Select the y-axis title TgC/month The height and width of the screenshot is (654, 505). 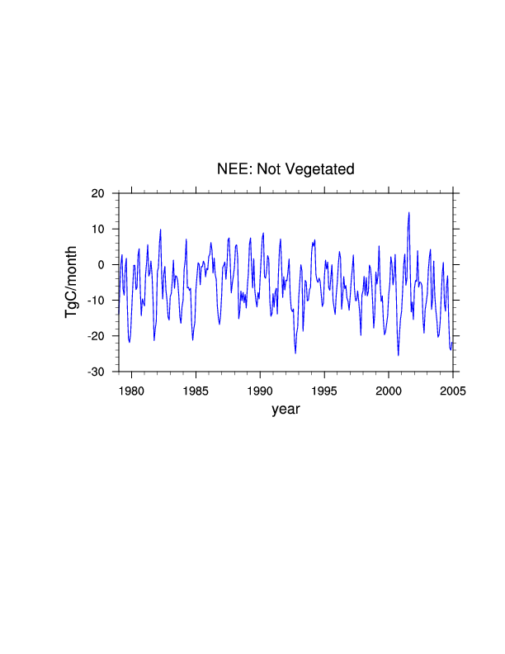(x=73, y=282)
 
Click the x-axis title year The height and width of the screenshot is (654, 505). (x=286, y=409)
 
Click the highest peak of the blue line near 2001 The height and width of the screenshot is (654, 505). (x=408, y=212)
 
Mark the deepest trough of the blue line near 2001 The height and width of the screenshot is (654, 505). (x=398, y=355)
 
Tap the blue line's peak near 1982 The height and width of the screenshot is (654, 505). (x=160, y=230)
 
